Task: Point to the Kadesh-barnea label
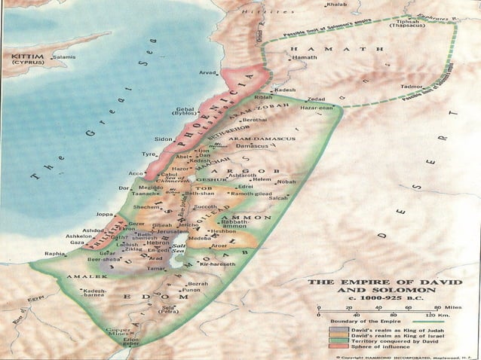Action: tap(97, 294)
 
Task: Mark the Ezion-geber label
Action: tap(133, 343)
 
